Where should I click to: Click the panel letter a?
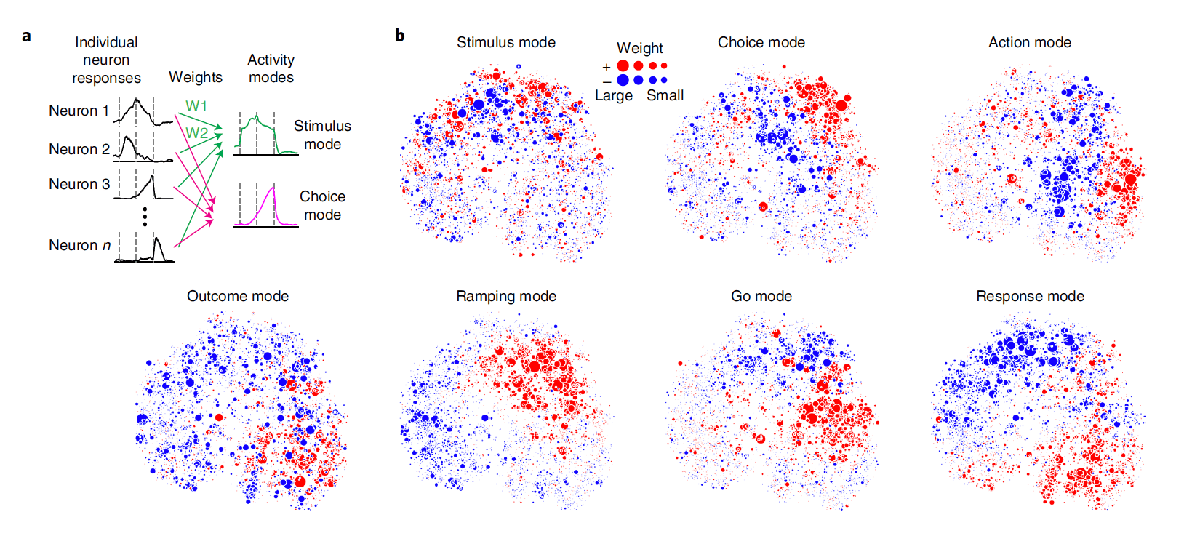click(x=27, y=36)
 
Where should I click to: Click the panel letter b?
click(x=399, y=35)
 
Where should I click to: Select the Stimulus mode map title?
click(x=505, y=42)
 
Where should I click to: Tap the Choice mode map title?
click(x=761, y=42)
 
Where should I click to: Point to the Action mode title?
click(x=1029, y=42)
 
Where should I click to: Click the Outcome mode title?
click(x=237, y=296)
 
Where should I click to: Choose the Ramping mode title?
click(x=505, y=296)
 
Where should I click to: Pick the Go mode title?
click(x=761, y=296)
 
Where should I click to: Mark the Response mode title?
click(x=1029, y=296)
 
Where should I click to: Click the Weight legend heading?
click(x=639, y=48)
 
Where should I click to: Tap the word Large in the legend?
click(x=613, y=95)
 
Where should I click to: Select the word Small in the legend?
click(x=665, y=95)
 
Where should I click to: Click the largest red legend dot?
click(x=623, y=66)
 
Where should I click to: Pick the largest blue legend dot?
click(x=623, y=80)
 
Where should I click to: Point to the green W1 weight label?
click(x=196, y=106)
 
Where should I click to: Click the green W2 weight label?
click(x=196, y=132)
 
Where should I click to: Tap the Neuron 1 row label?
click(x=78, y=111)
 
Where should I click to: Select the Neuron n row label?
click(x=79, y=245)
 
